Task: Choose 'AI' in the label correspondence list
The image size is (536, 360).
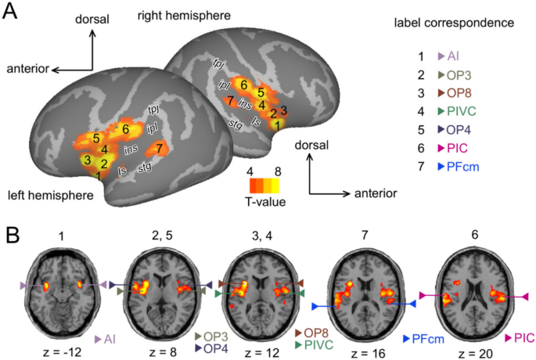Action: (453, 56)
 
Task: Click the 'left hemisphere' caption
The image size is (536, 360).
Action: (47, 193)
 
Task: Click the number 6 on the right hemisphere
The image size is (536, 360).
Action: (244, 85)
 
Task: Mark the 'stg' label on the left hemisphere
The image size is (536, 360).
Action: (145, 167)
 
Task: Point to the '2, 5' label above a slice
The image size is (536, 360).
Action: (160, 236)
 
